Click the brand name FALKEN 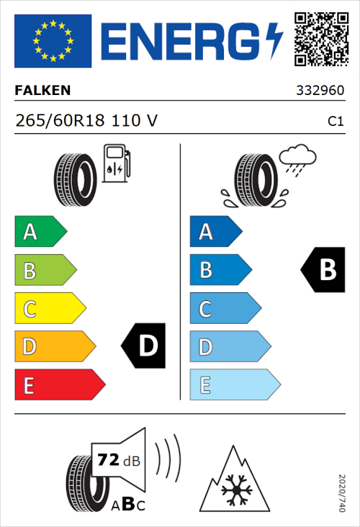[43, 91]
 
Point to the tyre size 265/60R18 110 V [86, 121]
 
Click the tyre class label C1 [335, 122]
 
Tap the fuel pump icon [116, 163]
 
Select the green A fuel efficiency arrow [40, 232]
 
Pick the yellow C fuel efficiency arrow [49, 308]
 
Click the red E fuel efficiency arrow [58, 384]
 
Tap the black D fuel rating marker [144, 346]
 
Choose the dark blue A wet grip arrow [215, 232]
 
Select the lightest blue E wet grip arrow [233, 384]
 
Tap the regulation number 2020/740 [342, 492]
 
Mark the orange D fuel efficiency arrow [54, 346]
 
